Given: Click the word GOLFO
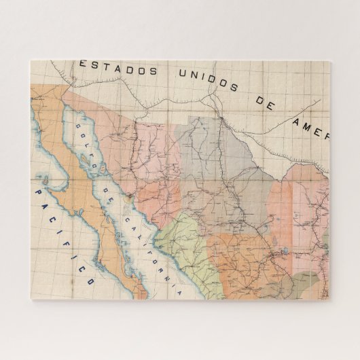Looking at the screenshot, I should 88,139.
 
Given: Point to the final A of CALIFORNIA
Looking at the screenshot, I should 180,292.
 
